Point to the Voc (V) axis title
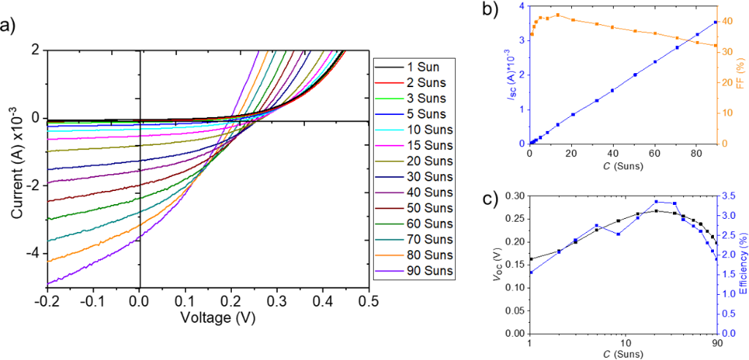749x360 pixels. click(x=498, y=265)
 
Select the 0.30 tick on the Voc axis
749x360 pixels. click(x=515, y=196)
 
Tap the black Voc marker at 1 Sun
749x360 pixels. click(x=530, y=259)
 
